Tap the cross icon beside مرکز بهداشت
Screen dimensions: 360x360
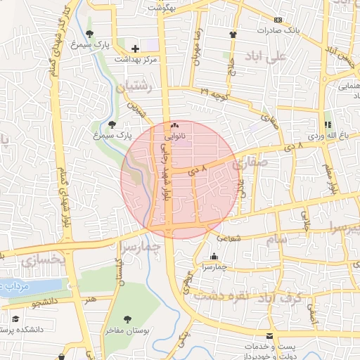[135, 49]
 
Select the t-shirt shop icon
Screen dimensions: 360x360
[233, 34]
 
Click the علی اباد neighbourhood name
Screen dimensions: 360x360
[264, 56]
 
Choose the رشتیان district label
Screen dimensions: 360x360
[136, 86]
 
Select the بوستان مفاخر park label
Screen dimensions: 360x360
[127, 329]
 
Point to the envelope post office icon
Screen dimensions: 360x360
[269, 337]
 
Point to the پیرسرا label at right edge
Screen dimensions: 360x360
[345, 229]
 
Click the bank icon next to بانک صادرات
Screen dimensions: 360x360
[278, 20]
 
